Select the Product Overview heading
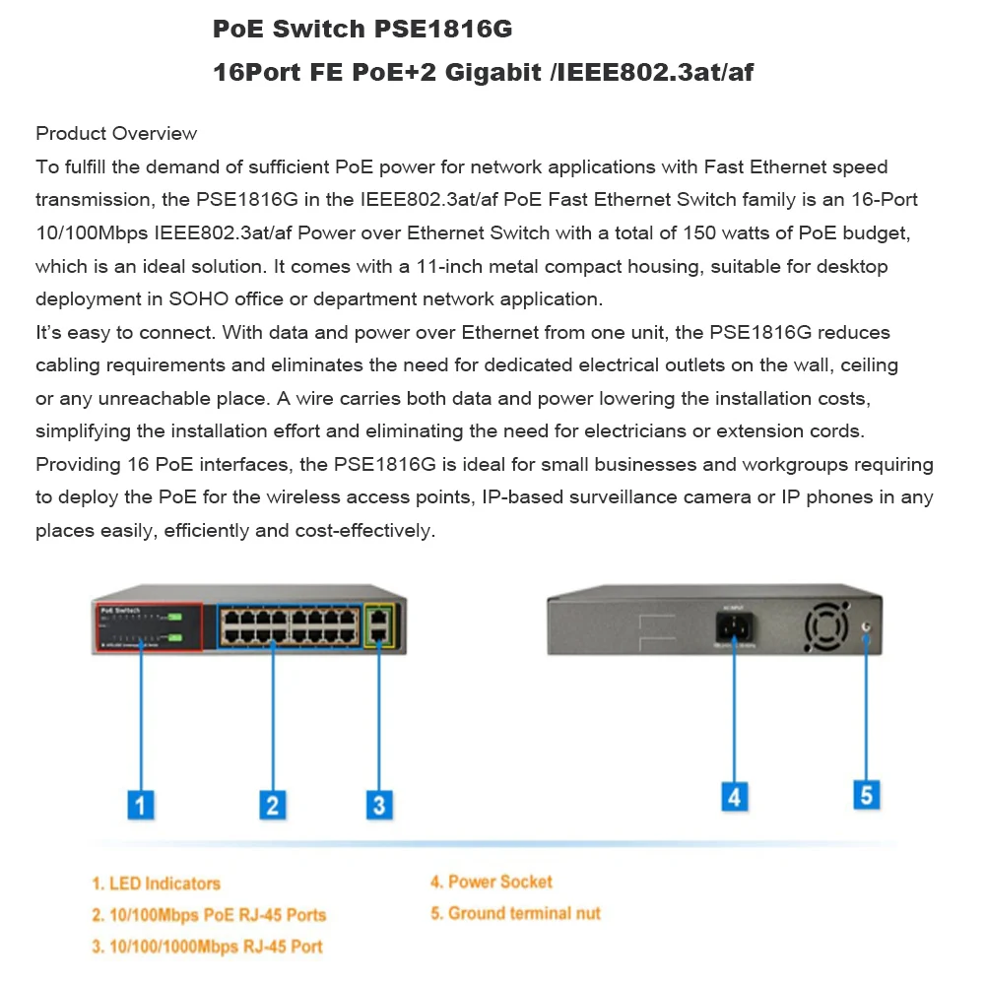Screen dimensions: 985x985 point(116,134)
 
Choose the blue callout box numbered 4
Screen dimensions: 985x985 point(734,795)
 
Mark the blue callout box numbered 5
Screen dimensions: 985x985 point(866,794)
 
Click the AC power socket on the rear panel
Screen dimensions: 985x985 point(734,628)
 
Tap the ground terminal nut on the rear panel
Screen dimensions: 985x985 point(866,626)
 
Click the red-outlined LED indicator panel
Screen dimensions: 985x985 point(148,625)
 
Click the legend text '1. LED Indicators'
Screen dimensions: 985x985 point(156,884)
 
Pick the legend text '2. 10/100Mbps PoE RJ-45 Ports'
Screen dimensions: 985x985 point(209,915)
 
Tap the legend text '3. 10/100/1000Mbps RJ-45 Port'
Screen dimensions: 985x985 point(207,947)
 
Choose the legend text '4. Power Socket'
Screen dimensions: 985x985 point(491,882)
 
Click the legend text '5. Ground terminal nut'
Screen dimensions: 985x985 point(514,913)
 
